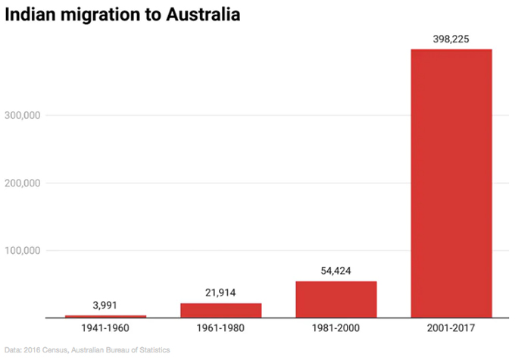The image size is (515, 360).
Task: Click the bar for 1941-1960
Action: click(105, 316)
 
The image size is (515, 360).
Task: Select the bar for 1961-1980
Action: click(220, 310)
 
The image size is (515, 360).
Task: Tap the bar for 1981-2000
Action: click(336, 299)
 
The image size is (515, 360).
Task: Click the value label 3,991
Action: click(105, 305)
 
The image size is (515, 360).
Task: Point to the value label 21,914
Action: click(220, 293)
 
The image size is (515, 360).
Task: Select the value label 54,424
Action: click(336, 271)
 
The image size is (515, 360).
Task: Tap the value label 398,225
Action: click(451, 38)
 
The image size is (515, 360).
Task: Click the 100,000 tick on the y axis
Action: click(29, 251)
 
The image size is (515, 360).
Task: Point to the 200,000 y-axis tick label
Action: click(29, 183)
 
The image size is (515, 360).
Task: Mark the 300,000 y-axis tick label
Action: click(29, 115)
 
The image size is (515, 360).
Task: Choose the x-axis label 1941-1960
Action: click(105, 329)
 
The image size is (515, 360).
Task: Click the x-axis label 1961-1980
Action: click(220, 329)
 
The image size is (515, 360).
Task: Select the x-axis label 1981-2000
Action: click(336, 329)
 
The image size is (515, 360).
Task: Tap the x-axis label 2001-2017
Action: click(451, 329)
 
